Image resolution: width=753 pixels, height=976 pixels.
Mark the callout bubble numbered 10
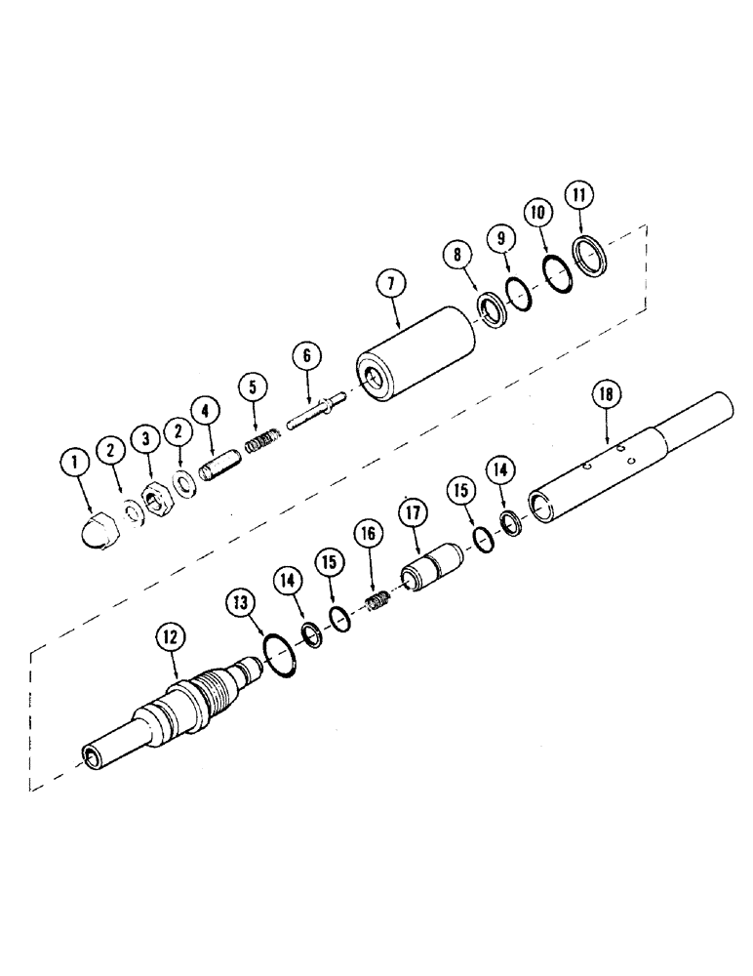(537, 212)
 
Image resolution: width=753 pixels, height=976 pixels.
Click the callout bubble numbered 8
(457, 259)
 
